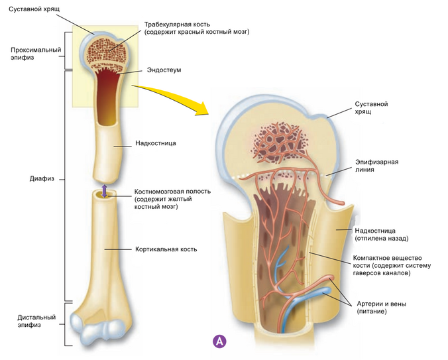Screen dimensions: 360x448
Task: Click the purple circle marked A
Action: pos(219,341)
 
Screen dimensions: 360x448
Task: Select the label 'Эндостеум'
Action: pos(163,70)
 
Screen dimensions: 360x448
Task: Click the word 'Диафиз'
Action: pos(41,179)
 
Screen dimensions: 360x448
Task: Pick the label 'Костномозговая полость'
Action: pos(172,191)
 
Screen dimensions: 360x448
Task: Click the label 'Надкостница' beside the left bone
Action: pos(155,143)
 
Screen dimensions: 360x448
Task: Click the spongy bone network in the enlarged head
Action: pos(278,139)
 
